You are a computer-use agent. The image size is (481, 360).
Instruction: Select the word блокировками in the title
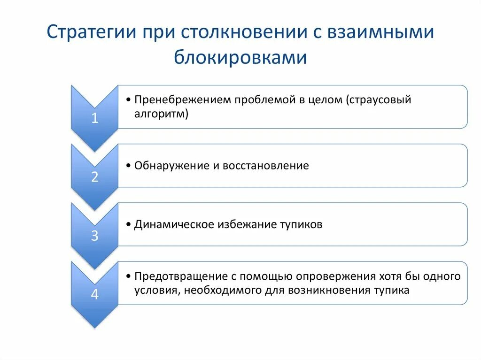240,57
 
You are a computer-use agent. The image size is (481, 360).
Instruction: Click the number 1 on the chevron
94,118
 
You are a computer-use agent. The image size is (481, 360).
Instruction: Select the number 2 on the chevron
94,177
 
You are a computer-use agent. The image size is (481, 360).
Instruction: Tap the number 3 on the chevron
94,236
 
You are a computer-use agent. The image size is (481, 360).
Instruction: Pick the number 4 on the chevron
94,294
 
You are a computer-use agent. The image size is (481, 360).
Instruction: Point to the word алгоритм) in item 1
161,114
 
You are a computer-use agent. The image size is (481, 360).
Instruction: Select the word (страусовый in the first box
379,100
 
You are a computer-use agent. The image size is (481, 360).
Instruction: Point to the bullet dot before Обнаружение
129,166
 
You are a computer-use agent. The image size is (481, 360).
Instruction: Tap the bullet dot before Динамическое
129,225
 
